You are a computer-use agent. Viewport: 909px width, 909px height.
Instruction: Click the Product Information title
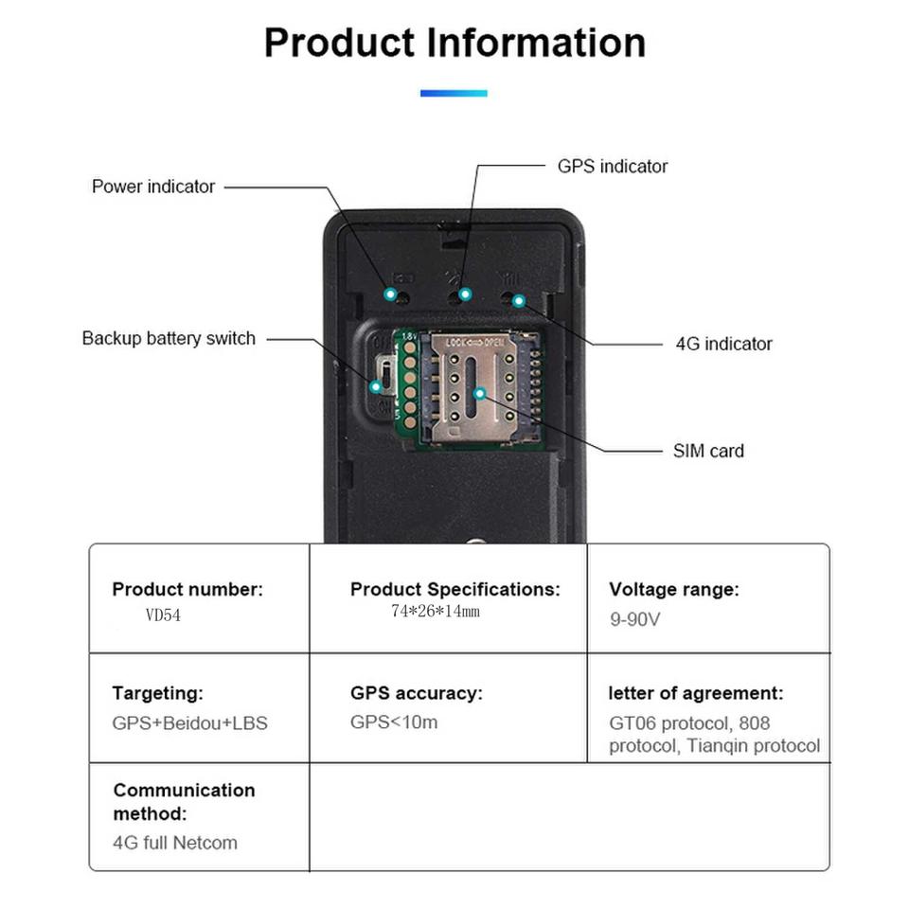tap(454, 44)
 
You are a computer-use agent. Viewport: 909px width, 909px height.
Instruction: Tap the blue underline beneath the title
tap(454, 94)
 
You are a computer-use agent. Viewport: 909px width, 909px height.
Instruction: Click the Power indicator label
tap(153, 187)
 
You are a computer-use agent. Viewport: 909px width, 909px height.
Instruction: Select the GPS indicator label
tap(612, 167)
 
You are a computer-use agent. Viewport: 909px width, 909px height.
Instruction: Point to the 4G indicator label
tap(723, 344)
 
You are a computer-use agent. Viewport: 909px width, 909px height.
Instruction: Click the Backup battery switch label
tap(169, 338)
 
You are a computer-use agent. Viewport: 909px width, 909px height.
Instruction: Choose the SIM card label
tap(708, 451)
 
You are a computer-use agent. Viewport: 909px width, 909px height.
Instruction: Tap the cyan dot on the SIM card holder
tap(479, 392)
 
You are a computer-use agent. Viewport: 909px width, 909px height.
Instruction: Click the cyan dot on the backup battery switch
tap(376, 385)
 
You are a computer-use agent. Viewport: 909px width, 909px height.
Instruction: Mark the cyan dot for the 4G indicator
tap(519, 300)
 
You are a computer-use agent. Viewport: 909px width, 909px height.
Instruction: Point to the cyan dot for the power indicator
tap(390, 294)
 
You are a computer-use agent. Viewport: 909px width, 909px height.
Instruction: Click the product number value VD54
tap(163, 615)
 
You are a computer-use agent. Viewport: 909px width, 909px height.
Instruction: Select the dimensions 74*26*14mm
tap(435, 612)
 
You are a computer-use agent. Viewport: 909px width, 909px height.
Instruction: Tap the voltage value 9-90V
tap(634, 620)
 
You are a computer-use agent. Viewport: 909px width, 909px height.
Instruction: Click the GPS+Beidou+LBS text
tap(189, 723)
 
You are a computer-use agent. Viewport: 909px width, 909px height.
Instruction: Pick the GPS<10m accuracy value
tap(394, 722)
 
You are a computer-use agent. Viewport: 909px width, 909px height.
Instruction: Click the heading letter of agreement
tap(695, 693)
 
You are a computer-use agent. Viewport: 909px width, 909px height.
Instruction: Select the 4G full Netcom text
tap(175, 842)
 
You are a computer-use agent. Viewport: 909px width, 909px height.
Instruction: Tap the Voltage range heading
tap(673, 589)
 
